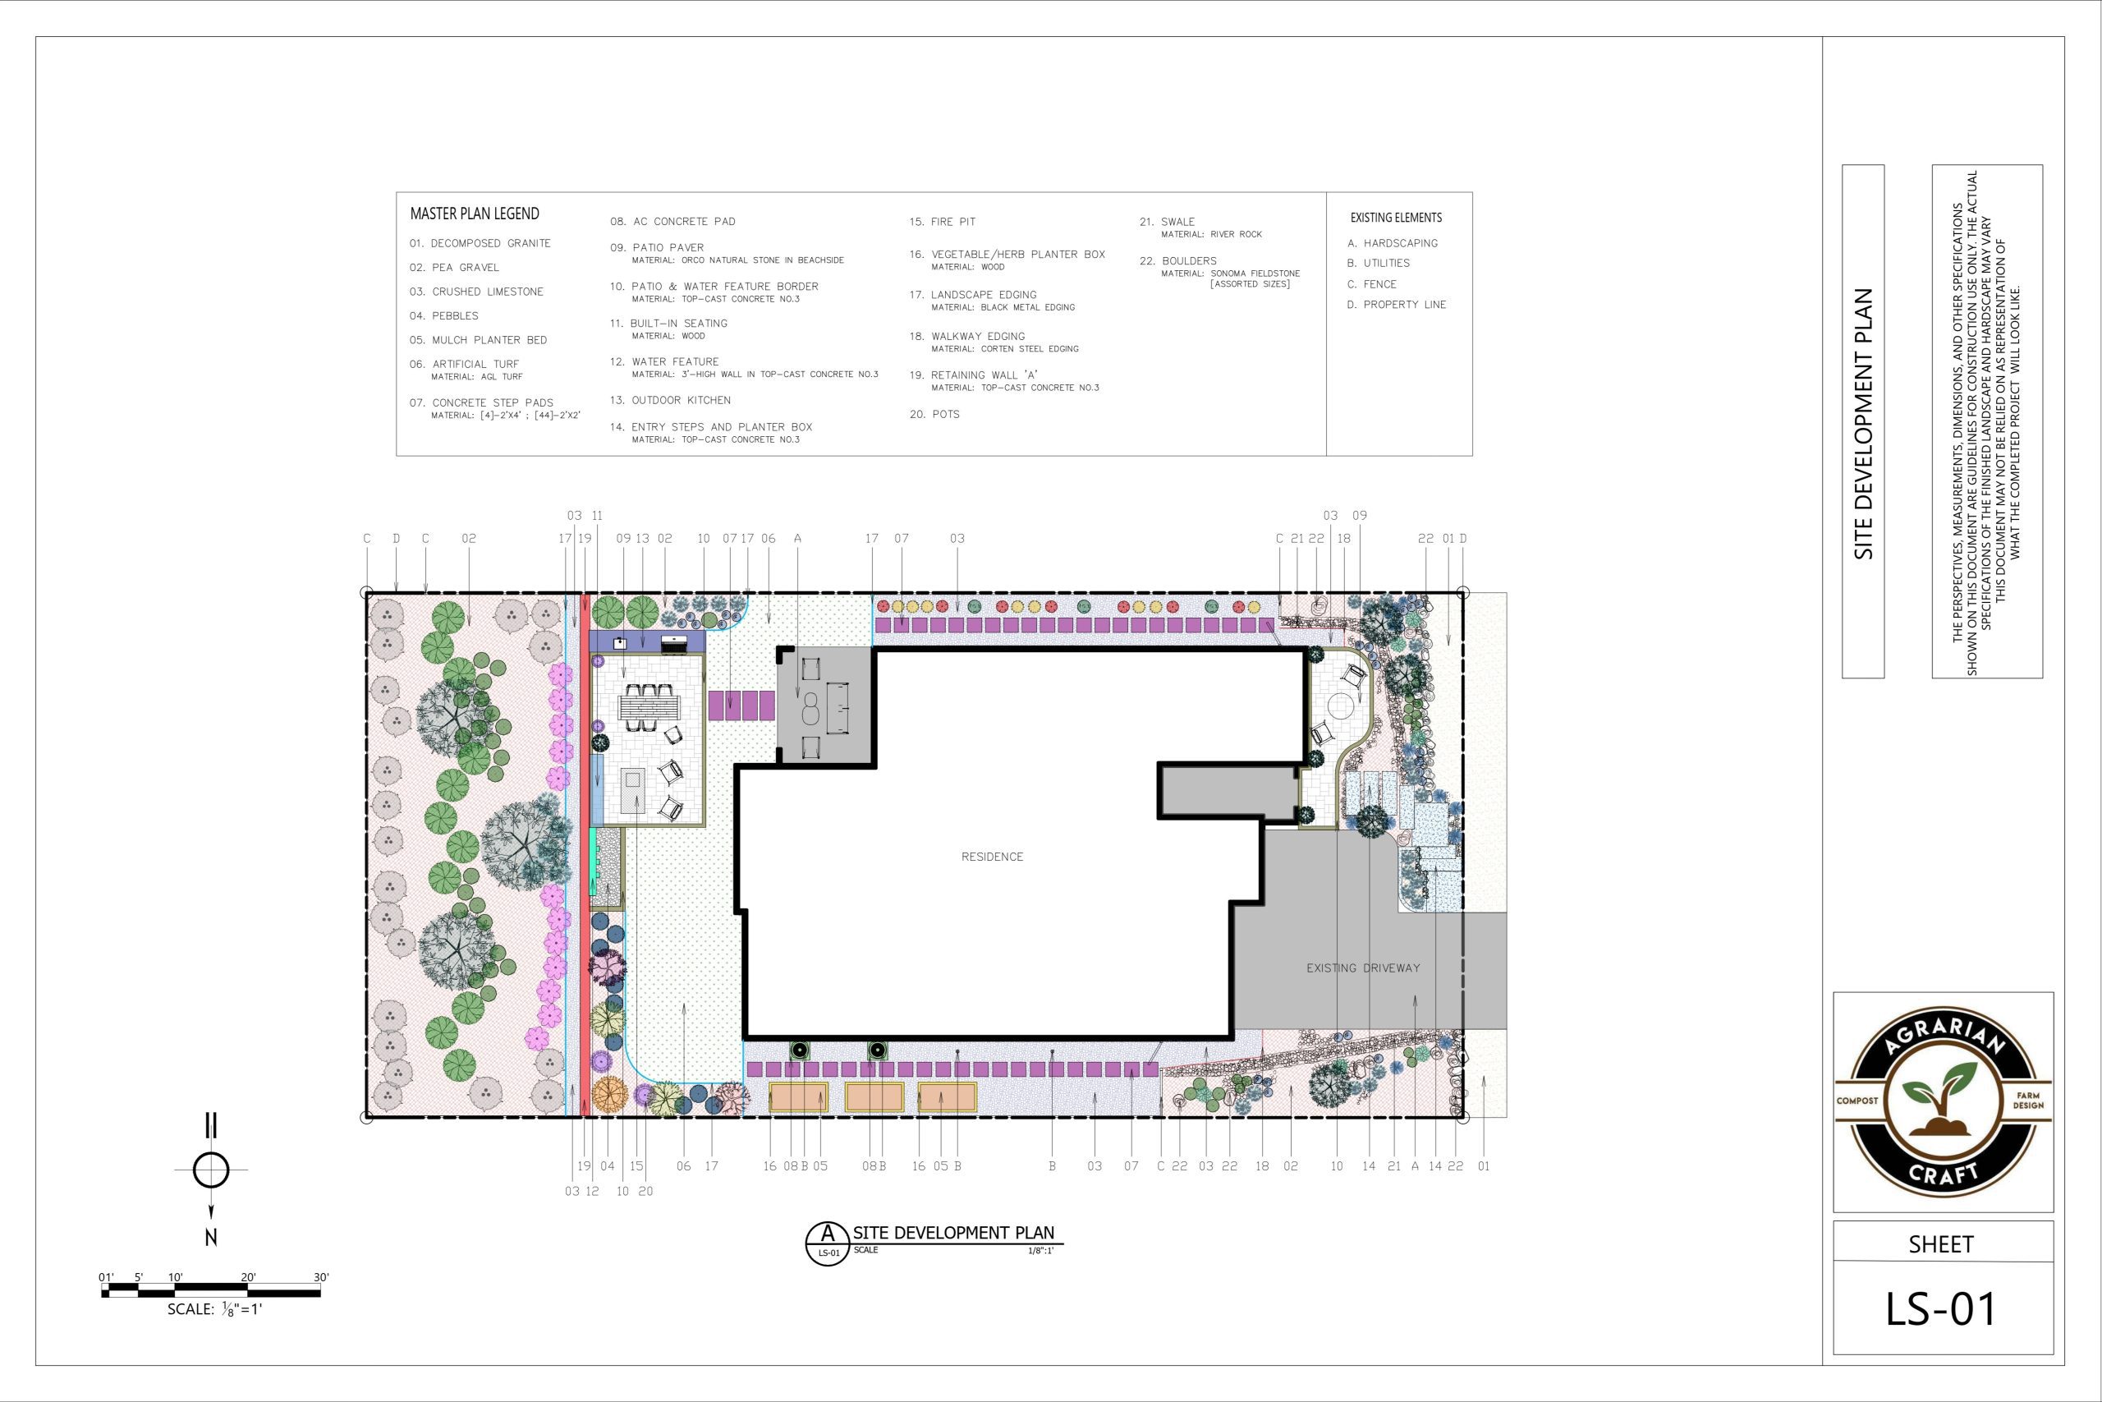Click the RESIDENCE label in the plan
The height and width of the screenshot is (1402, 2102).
992,857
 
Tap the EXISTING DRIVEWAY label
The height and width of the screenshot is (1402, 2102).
1363,968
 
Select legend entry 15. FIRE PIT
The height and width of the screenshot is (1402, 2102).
942,222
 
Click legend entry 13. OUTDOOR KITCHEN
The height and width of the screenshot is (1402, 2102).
670,401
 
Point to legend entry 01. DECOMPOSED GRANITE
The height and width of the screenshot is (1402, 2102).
480,243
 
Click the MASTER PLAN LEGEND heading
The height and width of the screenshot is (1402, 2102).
475,214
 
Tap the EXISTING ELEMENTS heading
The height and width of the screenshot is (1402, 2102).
1396,218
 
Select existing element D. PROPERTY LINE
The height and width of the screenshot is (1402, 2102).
1396,305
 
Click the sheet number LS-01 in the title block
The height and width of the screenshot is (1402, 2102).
1940,1309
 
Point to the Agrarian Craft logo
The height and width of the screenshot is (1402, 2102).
1942,1102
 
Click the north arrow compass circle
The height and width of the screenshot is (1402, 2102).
211,1170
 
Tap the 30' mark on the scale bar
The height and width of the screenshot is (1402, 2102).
321,1277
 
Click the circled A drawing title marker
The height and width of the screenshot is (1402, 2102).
828,1242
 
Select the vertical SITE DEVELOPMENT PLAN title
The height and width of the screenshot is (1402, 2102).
1863,424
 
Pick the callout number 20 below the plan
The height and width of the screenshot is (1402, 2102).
645,1192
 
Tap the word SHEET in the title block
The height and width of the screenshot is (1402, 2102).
1940,1244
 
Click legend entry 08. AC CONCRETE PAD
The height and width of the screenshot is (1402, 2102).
673,222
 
